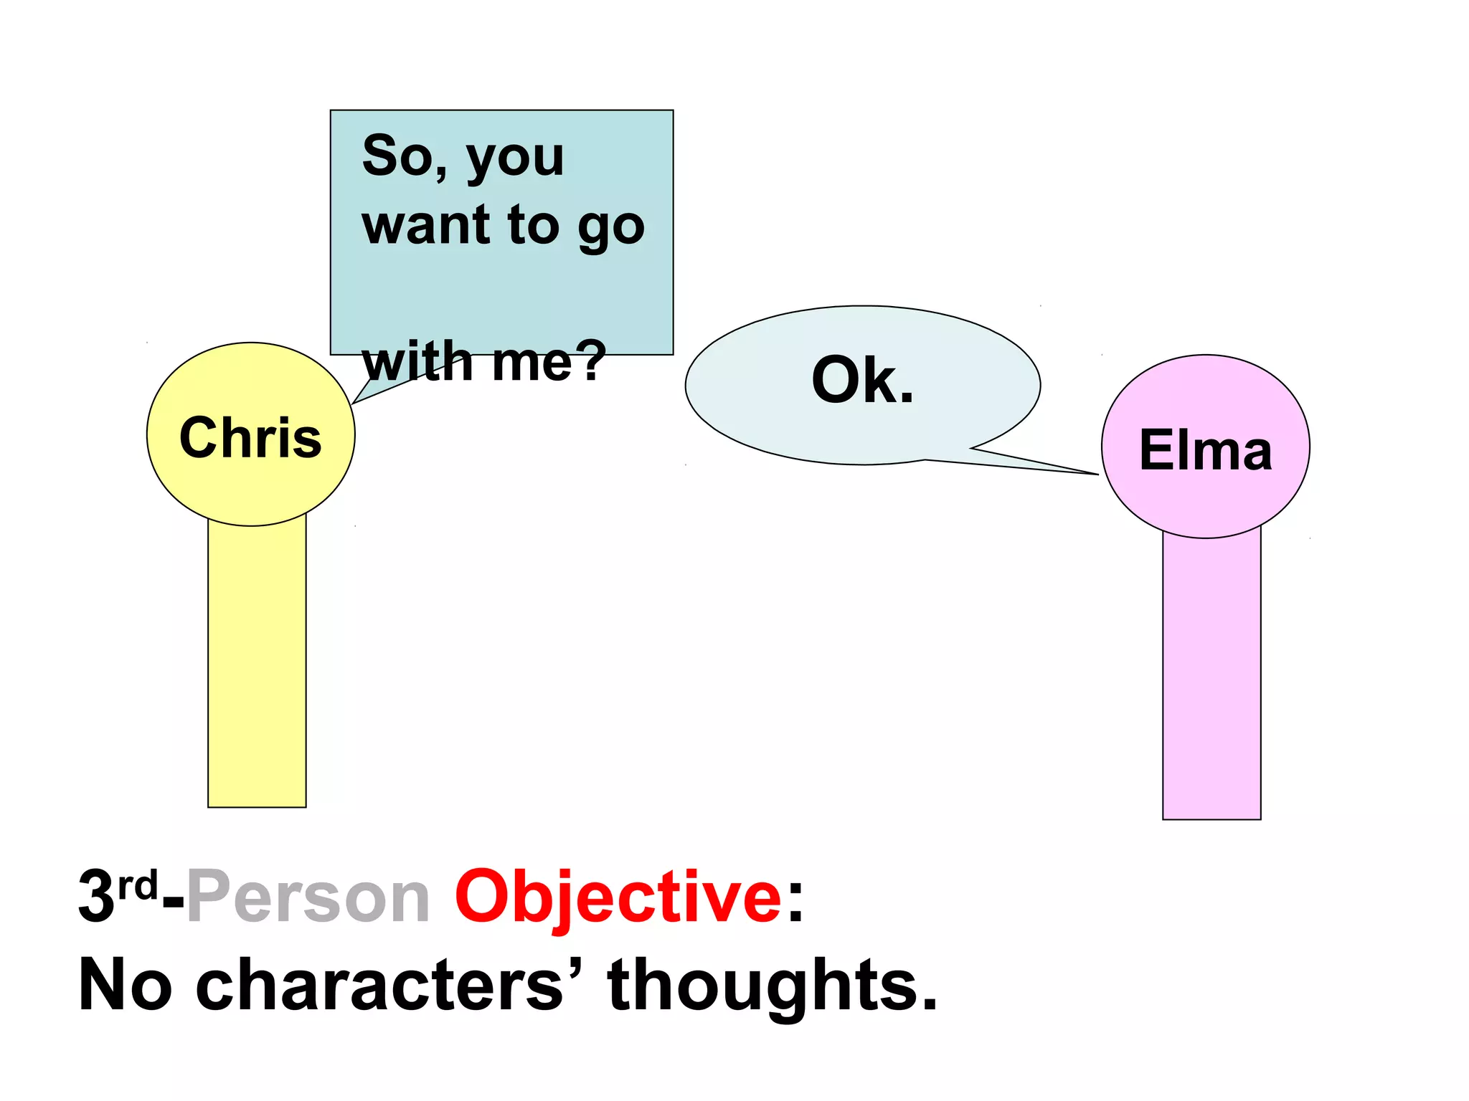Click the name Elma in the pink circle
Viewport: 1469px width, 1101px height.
coord(1206,450)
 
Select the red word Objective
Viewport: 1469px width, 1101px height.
coord(618,897)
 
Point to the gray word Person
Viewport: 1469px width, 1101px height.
coord(308,897)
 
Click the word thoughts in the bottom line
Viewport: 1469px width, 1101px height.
coord(773,986)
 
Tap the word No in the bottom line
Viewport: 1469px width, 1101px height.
coord(125,986)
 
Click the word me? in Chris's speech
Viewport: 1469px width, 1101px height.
coord(549,361)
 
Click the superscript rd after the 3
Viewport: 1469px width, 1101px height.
coord(137,886)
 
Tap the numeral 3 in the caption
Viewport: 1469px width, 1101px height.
coord(97,897)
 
